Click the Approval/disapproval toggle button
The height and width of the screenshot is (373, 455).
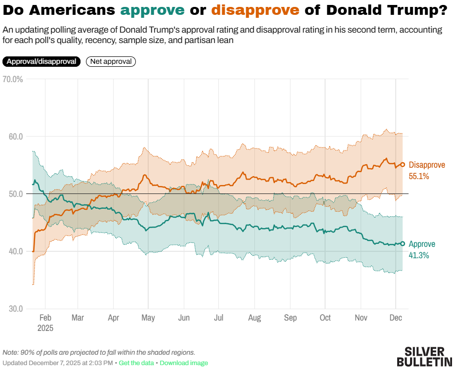41,61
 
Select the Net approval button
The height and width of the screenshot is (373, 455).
111,61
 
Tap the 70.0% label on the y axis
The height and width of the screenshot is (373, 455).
12,79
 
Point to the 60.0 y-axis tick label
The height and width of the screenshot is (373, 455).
16,137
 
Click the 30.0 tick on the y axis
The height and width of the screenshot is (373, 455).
16,309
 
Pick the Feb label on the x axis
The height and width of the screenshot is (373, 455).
45,318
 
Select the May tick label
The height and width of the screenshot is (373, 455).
148,318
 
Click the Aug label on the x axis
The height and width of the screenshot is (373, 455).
254,318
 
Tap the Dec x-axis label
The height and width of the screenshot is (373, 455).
396,318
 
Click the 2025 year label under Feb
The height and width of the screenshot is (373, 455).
45,327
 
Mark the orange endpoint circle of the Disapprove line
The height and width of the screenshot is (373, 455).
403,165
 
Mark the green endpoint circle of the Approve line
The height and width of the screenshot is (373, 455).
403,243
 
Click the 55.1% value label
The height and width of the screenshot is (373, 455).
419,176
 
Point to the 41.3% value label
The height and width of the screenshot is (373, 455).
419,255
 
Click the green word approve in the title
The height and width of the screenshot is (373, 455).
153,10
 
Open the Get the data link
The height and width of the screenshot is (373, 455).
137,363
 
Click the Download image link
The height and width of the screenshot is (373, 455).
184,363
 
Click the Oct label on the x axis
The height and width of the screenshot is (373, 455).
325,318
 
